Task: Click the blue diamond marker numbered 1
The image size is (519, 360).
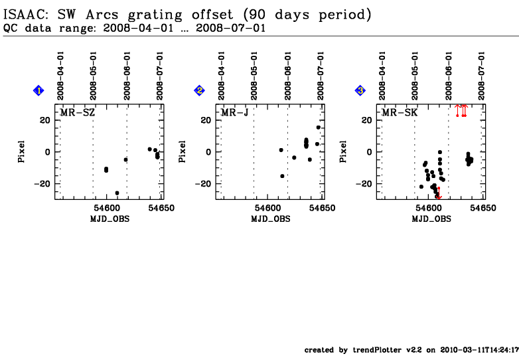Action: pos(39,90)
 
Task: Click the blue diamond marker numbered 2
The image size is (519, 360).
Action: pos(199,90)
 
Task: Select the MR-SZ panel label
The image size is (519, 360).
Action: pos(78,113)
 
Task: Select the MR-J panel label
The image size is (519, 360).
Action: pos(235,113)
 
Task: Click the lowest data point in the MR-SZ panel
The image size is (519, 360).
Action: pos(117,193)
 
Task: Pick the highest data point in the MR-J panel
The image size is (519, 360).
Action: pos(319,128)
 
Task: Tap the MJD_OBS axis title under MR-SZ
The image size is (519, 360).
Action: pos(110,218)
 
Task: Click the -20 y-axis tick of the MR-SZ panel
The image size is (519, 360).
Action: pos(43,183)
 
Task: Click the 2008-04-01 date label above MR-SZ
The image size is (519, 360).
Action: pos(60,76)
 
